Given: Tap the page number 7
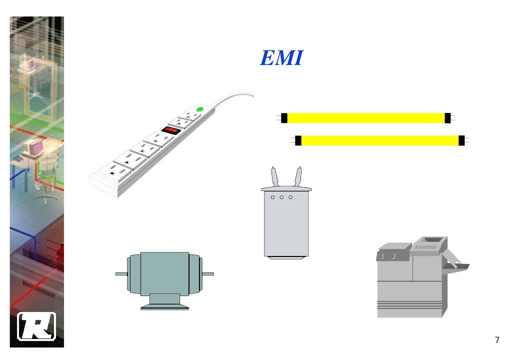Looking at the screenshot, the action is coord(496,340).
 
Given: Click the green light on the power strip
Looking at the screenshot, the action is coord(199,109).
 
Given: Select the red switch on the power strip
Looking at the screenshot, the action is coord(170,130).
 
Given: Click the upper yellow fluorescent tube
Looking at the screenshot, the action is coord(365,118).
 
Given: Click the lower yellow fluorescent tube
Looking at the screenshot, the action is coord(379,140).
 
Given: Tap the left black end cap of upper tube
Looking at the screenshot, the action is coord(284,118).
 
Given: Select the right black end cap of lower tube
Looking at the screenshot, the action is coord(461,140).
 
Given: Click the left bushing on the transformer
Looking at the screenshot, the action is coord(274,175).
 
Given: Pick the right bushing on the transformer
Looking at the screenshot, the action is coord(298,175).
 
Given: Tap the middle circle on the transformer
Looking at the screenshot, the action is coord(281,197).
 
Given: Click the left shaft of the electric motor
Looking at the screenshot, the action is coord(121,274).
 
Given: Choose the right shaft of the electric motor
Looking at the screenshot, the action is coord(207,274).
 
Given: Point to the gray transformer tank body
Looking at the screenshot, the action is coord(286,225).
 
